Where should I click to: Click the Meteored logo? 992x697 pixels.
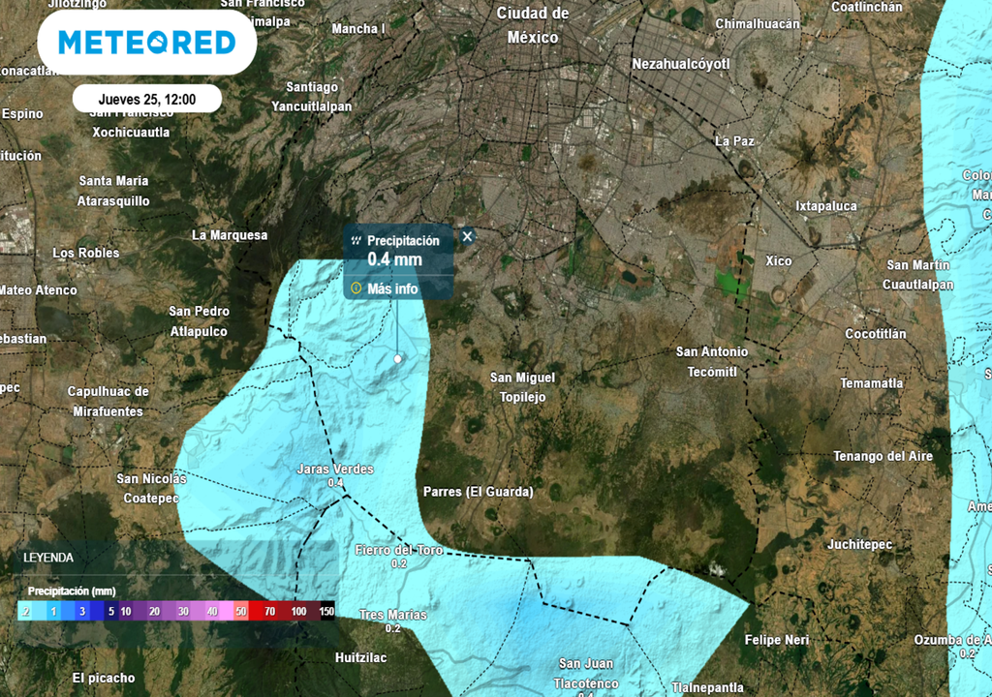point(146,43)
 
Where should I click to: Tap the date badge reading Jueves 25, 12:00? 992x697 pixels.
point(146,99)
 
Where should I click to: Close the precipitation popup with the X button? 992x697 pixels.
point(467,236)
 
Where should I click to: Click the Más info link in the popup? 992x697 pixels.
point(392,288)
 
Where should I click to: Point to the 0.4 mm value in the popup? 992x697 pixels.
point(394,259)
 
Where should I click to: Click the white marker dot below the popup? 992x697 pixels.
point(397,359)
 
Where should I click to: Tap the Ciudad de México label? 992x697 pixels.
point(533,25)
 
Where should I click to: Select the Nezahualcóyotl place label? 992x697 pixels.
point(680,64)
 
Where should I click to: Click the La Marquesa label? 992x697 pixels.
point(230,235)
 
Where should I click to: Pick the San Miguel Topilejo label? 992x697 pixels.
point(523,387)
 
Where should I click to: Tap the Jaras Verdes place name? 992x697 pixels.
point(334,470)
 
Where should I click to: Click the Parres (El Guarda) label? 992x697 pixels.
point(479,492)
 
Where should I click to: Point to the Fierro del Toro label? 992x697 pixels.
point(398,550)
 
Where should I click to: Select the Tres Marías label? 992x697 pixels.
point(392,615)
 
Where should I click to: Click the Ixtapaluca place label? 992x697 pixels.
point(826,206)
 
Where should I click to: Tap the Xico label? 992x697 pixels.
point(778,261)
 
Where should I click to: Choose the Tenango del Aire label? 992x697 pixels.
point(883,456)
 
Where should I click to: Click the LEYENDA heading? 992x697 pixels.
point(48,558)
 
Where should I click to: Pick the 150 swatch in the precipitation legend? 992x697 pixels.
point(326,612)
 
